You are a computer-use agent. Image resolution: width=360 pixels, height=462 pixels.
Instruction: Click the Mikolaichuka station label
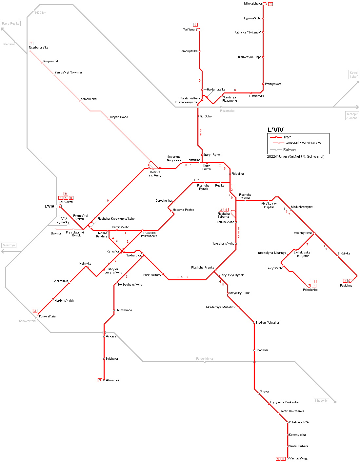(x=253, y=4)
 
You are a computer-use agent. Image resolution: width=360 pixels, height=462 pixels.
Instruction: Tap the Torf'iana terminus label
(x=189, y=30)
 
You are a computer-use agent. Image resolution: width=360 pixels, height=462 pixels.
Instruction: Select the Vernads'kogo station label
(x=299, y=458)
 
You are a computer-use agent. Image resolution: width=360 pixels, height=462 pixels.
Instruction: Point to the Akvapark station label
(x=112, y=380)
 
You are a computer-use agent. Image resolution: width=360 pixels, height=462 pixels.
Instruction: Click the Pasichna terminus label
(x=346, y=286)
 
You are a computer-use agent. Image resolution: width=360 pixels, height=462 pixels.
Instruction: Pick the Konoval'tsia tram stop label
(x=47, y=316)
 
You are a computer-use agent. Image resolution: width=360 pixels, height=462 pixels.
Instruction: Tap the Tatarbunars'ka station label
(x=38, y=48)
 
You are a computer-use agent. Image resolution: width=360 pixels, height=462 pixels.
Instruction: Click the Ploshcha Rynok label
(x=203, y=187)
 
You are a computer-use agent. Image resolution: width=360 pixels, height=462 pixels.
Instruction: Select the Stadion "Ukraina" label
(x=268, y=323)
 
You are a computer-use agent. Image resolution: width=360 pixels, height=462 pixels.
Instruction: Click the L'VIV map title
(x=275, y=130)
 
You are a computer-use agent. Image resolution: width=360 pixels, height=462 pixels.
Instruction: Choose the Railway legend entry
(x=290, y=150)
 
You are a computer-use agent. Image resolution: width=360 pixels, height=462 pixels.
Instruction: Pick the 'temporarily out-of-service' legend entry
(x=303, y=143)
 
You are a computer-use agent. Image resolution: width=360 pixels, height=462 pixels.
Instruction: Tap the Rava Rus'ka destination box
(x=11, y=24)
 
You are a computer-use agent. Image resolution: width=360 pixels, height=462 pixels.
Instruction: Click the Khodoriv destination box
(x=321, y=401)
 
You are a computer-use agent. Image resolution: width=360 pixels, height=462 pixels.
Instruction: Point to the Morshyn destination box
(x=9, y=245)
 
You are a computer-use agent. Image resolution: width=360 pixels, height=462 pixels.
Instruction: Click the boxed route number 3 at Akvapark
(x=100, y=380)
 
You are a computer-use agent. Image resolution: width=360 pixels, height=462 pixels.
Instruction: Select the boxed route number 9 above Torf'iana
(x=195, y=25)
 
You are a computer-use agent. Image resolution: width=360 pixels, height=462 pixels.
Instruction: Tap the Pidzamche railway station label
(x=227, y=111)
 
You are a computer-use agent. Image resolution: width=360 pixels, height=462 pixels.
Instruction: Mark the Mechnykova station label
(x=302, y=233)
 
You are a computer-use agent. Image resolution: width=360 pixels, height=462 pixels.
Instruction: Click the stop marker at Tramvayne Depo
(x=263, y=57)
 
